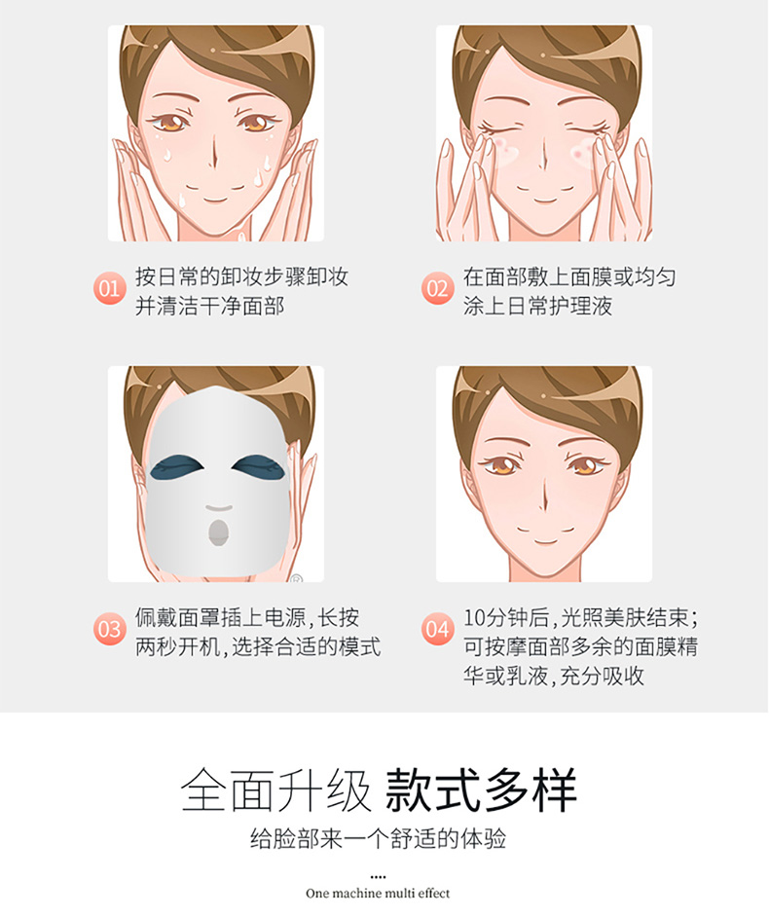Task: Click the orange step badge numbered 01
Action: (109, 288)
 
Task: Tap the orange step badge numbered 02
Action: (437, 288)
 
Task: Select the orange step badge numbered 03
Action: (109, 629)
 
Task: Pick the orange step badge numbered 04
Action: (437, 629)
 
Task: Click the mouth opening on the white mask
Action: (219, 532)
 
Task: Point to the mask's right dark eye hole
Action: (259, 467)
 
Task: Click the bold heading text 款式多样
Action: (481, 789)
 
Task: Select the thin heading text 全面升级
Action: (276, 789)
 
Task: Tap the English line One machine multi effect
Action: (378, 894)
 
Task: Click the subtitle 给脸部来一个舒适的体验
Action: (378, 839)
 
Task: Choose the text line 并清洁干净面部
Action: (210, 306)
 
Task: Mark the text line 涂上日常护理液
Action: (538, 306)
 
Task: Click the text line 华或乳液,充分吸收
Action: (554, 676)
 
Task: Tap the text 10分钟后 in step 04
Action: (507, 617)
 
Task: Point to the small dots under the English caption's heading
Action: (378, 877)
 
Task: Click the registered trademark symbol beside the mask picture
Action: (297, 579)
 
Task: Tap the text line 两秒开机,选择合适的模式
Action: (258, 647)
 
